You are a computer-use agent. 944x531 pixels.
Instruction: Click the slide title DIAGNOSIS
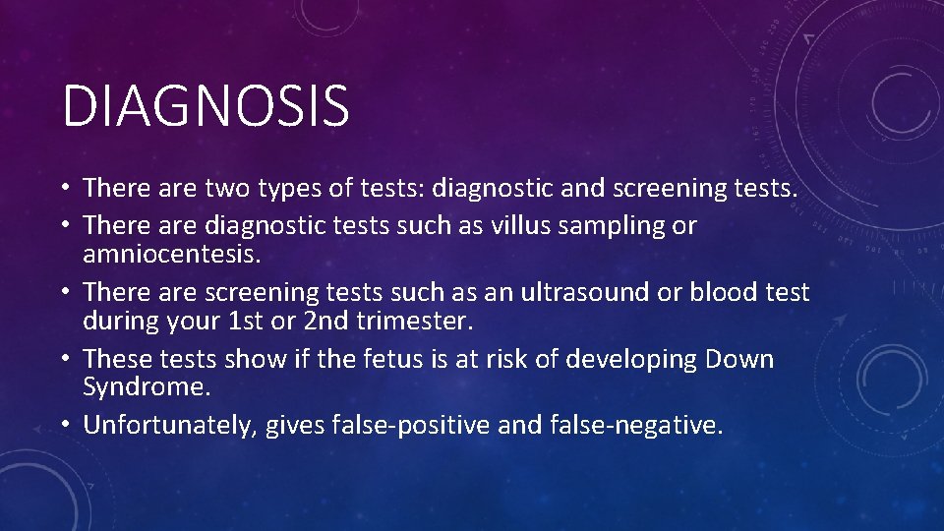click(x=206, y=106)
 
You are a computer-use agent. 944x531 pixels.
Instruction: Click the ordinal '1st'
click(x=293, y=320)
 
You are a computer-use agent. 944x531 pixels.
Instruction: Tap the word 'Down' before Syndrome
click(x=739, y=359)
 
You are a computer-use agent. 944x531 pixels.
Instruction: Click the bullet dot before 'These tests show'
click(x=69, y=359)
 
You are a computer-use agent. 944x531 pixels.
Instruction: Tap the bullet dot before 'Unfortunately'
click(x=69, y=426)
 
